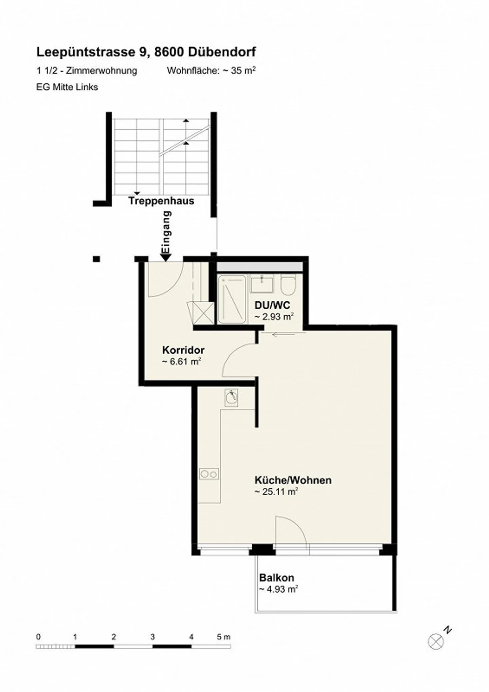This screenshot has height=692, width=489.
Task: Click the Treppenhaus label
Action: pyautogui.click(x=161, y=201)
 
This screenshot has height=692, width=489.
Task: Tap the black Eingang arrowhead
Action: pyautogui.click(x=165, y=258)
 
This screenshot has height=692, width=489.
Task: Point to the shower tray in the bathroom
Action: pyautogui.click(x=232, y=299)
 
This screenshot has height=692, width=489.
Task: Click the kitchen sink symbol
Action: pyautogui.click(x=231, y=397)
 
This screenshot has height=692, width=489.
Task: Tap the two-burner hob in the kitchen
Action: pyautogui.click(x=209, y=474)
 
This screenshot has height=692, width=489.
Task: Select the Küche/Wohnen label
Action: pyautogui.click(x=293, y=480)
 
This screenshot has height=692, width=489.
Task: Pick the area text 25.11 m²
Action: pyautogui.click(x=276, y=491)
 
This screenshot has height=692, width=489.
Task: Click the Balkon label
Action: pyautogui.click(x=276, y=577)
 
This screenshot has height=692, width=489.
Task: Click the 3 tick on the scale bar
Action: pyautogui.click(x=152, y=637)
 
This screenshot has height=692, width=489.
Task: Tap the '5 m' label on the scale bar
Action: pyautogui.click(x=223, y=637)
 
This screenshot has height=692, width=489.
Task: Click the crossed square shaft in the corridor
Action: pyautogui.click(x=203, y=313)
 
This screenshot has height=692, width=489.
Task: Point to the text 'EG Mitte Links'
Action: pyautogui.click(x=67, y=87)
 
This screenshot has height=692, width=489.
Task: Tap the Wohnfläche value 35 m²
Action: pyautogui.click(x=243, y=71)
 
